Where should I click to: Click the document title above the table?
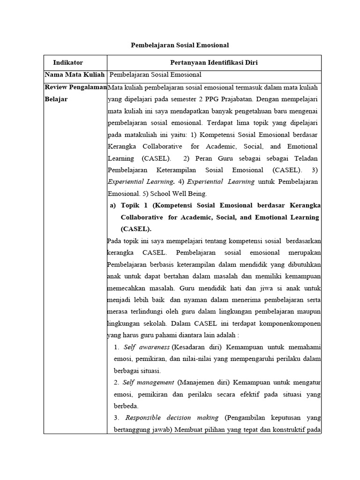(x=180, y=45)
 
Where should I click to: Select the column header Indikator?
(x=68, y=62)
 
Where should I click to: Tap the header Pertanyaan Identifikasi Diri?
(x=214, y=62)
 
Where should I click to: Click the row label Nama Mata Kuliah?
(x=75, y=75)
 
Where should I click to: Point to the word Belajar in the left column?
(x=56, y=99)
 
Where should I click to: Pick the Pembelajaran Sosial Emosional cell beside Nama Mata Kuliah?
(x=155, y=75)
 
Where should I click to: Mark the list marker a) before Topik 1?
(x=112, y=205)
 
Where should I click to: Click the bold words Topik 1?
(x=135, y=205)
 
